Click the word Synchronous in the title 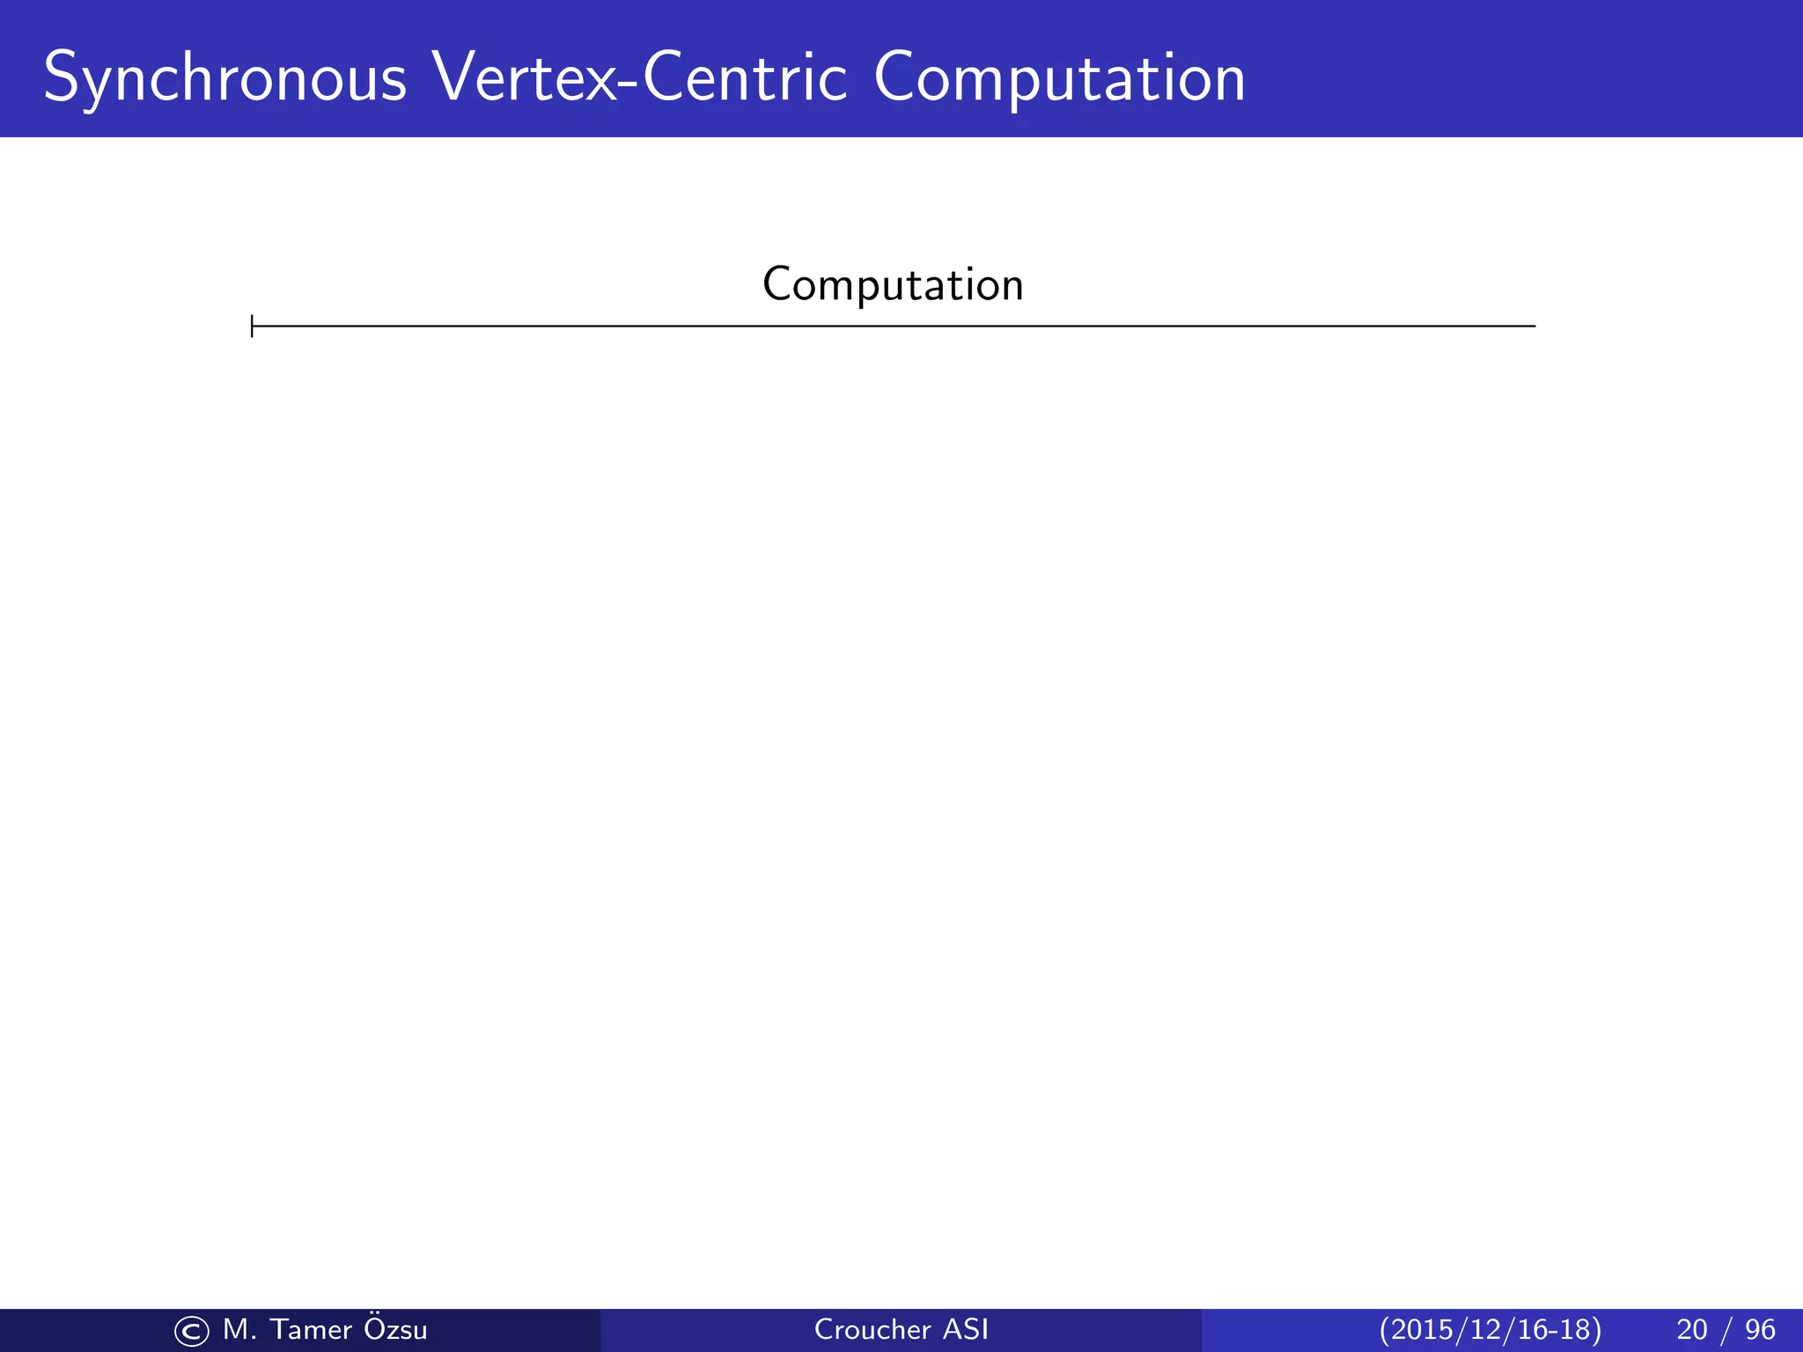pos(224,79)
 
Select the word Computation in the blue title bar pos(1059,79)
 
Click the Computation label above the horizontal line pos(893,284)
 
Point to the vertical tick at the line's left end pos(253,326)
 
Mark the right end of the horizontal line pos(1534,326)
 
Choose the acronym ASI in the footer pos(966,1329)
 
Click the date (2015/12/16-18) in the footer pos(1490,1329)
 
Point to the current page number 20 pos(1692,1329)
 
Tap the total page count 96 pos(1760,1329)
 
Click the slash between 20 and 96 pos(1726,1329)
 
